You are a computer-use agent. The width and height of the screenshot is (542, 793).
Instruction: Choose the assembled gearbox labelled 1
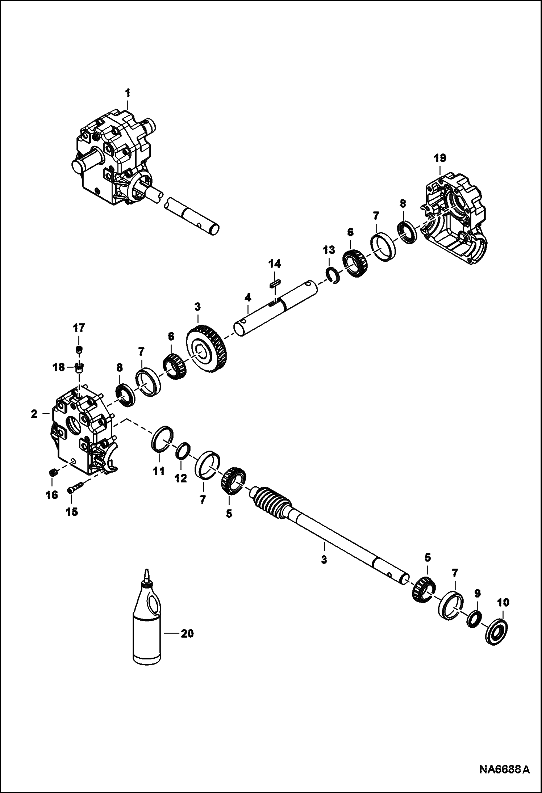pyautogui.click(x=112, y=159)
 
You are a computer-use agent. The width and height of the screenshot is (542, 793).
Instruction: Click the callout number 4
pyautogui.click(x=248, y=298)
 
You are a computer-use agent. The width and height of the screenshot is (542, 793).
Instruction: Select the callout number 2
pyautogui.click(x=34, y=414)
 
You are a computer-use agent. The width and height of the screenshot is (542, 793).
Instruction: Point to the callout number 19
pyautogui.click(x=441, y=158)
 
